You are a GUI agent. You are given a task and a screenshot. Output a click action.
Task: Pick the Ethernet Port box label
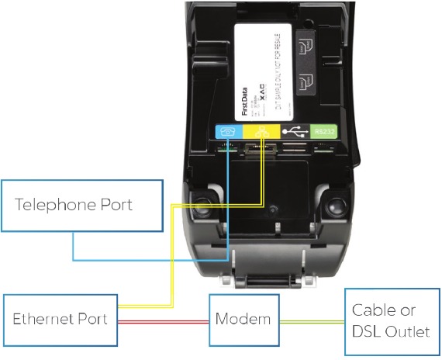point(59,319)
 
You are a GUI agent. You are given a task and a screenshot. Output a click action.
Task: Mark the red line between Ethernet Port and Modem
point(164,320)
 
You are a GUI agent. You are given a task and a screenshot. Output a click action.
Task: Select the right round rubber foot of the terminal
point(335,207)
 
